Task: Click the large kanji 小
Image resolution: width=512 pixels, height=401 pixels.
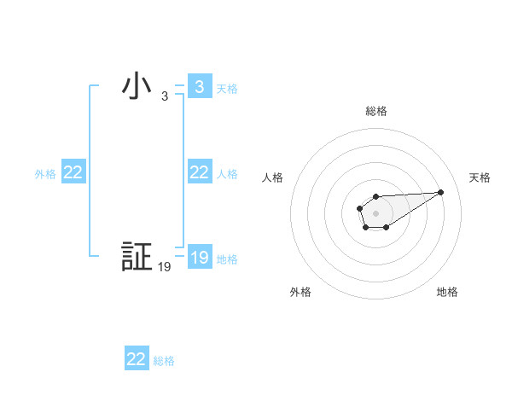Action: click(137, 87)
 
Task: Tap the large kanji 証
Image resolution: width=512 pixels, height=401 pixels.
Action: click(137, 257)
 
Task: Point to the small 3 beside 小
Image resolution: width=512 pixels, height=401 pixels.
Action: click(165, 96)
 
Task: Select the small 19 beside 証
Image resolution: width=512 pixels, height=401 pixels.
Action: click(165, 267)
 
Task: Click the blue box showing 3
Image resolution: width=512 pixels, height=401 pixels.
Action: click(199, 87)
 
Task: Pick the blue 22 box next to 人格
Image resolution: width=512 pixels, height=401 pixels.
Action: click(199, 172)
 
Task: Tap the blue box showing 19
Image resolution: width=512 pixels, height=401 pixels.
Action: click(199, 258)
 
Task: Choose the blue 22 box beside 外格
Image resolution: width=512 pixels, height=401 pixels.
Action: click(73, 172)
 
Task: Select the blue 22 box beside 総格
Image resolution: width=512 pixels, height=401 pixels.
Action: click(137, 359)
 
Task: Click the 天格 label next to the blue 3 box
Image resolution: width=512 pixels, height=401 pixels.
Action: click(227, 88)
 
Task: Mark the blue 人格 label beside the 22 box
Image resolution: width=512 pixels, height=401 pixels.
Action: click(227, 173)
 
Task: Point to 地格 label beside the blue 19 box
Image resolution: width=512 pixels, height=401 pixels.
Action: click(227, 259)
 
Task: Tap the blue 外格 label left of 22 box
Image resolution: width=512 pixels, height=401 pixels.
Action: click(45, 173)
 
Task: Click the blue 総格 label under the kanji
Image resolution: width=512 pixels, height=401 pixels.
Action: click(164, 360)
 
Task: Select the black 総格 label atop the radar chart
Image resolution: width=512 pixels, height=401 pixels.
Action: click(376, 111)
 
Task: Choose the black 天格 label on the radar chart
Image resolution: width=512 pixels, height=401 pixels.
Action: click(480, 177)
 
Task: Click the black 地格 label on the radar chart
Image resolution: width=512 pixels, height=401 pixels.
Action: click(447, 292)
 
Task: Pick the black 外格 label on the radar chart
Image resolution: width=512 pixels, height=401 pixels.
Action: click(300, 292)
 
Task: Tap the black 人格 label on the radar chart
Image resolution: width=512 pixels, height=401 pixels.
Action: click(272, 177)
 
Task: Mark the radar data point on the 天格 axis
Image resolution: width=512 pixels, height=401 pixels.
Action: click(441, 191)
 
